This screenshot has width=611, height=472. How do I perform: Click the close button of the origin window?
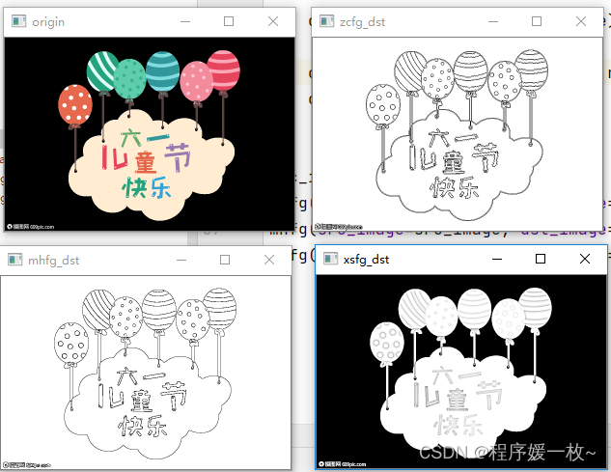273,21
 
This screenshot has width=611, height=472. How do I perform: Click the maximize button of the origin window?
229,21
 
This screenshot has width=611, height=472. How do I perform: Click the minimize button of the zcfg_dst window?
537,20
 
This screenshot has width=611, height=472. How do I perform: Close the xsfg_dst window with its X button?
584,259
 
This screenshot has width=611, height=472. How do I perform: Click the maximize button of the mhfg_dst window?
225,260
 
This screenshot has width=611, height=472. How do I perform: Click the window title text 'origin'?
48,21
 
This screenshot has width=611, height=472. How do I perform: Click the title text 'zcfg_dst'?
362,20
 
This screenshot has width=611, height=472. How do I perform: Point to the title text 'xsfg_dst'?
367,259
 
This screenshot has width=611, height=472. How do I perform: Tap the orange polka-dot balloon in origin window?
74,103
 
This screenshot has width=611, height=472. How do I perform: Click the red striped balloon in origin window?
224,70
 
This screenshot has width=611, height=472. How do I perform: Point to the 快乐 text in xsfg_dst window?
459,426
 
